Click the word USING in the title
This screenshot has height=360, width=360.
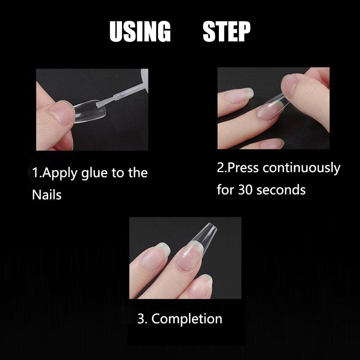tap(140, 31)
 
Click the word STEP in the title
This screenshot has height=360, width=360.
tap(226, 31)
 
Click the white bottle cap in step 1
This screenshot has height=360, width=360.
tap(145, 80)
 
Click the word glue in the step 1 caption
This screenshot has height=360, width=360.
tap(94, 174)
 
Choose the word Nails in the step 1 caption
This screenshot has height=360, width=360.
tap(47, 195)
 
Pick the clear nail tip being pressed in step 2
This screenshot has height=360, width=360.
tap(273, 107)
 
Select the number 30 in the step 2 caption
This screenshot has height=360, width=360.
tap(245, 190)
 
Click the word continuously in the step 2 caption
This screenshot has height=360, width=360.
tap(301, 168)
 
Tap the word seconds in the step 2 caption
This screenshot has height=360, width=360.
tap(281, 190)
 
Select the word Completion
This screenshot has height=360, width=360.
tap(186, 319)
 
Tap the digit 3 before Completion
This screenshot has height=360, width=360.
tap(140, 319)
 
